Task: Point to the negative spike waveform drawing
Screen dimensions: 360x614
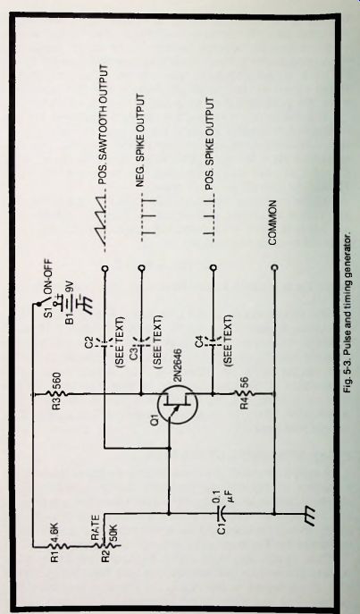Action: point(148,216)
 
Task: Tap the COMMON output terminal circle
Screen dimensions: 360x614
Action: point(274,267)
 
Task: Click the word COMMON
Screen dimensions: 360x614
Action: point(272,223)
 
